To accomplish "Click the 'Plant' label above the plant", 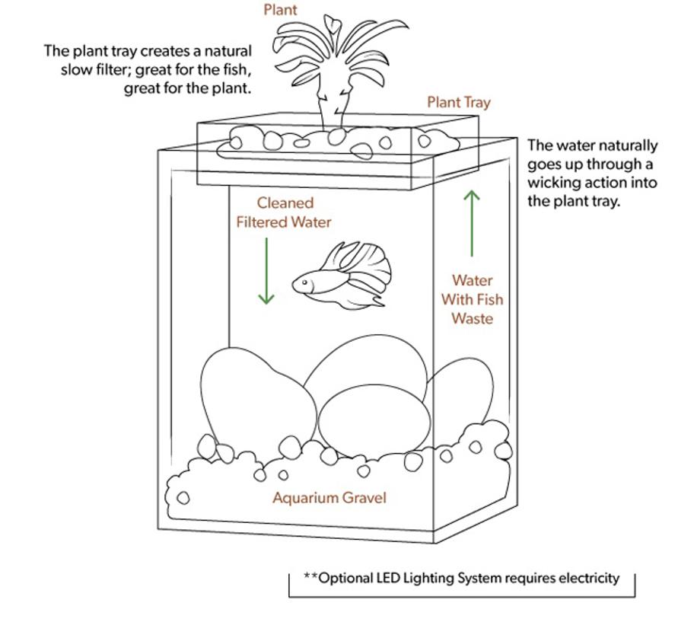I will tap(280, 10).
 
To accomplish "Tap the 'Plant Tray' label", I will tap(458, 102).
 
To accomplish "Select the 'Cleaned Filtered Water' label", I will tap(284, 212).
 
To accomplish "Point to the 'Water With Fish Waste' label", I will tap(472, 299).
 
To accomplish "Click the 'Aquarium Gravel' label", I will tap(329, 498).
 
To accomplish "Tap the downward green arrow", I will tap(266, 270).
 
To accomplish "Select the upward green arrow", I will tap(472, 223).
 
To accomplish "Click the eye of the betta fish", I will tap(305, 282).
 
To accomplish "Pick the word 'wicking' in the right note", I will tap(555, 183).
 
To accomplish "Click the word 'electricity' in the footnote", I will tap(589, 578).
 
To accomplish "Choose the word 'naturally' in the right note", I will tap(626, 145).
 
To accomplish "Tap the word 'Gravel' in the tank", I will tap(363, 498).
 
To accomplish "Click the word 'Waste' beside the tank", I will tap(472, 318).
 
